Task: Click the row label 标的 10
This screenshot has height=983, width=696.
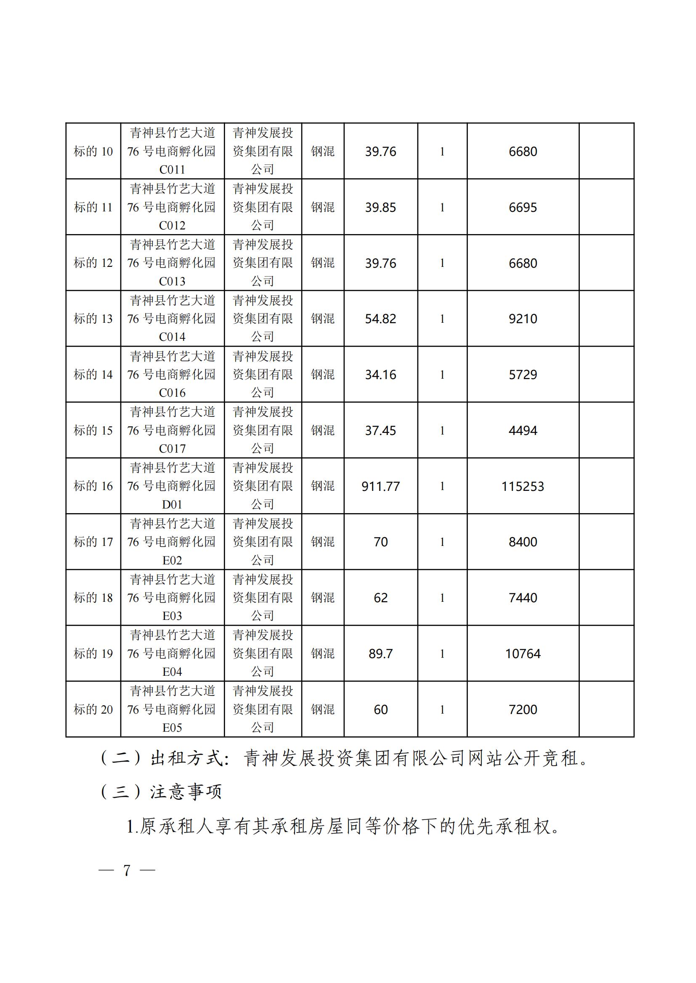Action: click(x=93, y=152)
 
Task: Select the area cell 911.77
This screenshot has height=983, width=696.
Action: click(x=380, y=486)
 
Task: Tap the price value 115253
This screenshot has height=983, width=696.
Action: click(x=523, y=486)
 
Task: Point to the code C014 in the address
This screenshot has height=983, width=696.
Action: click(x=172, y=337)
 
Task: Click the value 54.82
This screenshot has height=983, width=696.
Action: click(x=380, y=319)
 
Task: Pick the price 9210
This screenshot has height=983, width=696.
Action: click(x=523, y=319)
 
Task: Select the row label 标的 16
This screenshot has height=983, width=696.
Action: click(x=93, y=486)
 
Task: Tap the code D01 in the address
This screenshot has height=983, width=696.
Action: click(x=172, y=505)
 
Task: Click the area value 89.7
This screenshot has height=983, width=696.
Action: click(x=380, y=654)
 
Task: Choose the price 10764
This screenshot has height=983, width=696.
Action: click(x=523, y=654)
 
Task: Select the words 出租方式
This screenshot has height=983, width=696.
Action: click(x=187, y=759)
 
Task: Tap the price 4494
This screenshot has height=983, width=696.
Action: click(x=523, y=431)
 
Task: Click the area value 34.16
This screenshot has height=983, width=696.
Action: click(x=380, y=374)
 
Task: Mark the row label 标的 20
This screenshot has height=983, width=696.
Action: click(x=93, y=709)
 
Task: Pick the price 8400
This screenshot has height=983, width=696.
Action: click(x=523, y=542)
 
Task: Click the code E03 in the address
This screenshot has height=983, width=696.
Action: click(x=172, y=616)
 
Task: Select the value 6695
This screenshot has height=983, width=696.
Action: click(x=523, y=208)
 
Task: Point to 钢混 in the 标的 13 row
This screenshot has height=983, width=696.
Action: click(x=323, y=319)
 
